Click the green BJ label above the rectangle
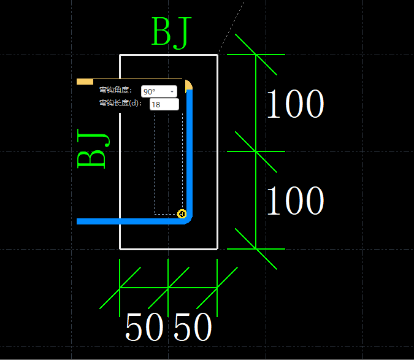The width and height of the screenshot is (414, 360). [x=171, y=33]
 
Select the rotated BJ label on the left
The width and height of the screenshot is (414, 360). [x=92, y=149]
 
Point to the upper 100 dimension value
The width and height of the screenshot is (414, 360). [x=294, y=104]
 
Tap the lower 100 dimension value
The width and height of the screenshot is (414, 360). [x=294, y=201]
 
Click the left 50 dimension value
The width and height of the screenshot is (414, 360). [x=144, y=327]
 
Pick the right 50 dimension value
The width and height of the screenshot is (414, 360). [x=193, y=327]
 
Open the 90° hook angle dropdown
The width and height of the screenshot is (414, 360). [x=159, y=91]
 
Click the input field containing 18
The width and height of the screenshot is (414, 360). [x=164, y=105]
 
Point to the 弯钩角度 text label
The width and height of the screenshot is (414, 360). [x=115, y=91]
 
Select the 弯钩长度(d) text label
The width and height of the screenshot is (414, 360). [x=120, y=104]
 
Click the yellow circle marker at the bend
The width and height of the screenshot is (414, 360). [x=182, y=213]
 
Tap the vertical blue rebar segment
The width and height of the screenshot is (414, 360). [x=190, y=153]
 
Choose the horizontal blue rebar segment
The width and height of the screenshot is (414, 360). [x=129, y=221]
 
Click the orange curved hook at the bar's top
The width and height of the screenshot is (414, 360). [x=189, y=84]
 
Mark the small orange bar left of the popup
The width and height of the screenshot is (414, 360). [x=85, y=82]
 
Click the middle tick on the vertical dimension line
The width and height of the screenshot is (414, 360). [x=255, y=151]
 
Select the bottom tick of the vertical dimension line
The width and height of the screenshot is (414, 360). [x=255, y=249]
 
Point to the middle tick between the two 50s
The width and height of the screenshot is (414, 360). [x=168, y=287]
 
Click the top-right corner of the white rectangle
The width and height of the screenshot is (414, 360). [x=218, y=55]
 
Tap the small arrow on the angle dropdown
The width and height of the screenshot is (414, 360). [x=172, y=91]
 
